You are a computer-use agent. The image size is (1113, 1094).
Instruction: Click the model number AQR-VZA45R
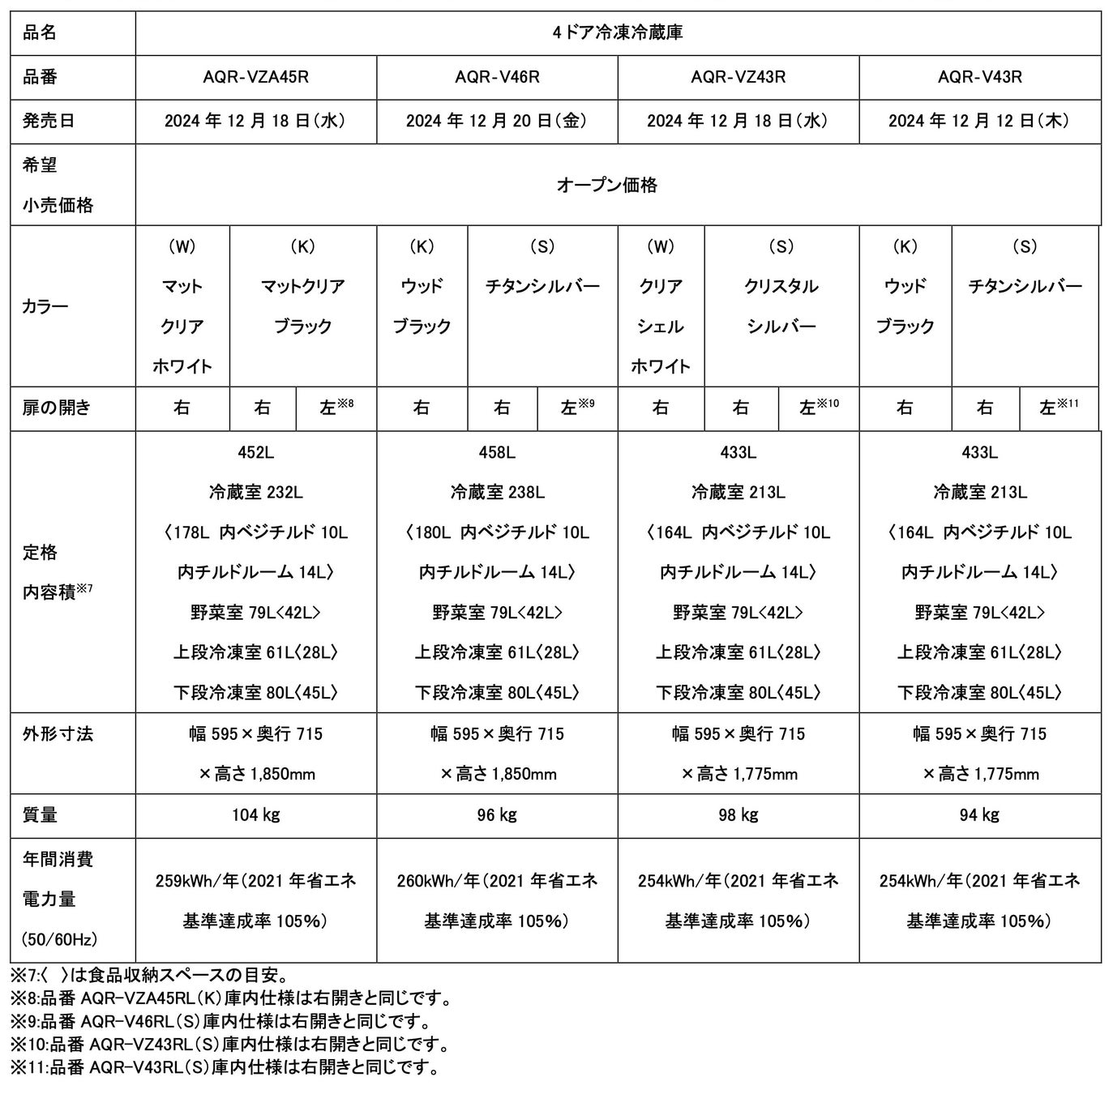point(255,77)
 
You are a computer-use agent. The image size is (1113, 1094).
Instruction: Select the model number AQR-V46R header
point(497,77)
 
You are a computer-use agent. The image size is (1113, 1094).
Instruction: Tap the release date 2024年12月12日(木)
point(978,121)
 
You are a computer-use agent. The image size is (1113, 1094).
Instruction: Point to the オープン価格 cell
point(618,185)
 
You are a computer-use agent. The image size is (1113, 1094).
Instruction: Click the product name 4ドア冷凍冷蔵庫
point(618,32)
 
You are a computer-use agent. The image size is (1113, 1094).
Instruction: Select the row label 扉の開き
point(57,408)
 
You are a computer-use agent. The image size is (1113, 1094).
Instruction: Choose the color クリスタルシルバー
point(781,306)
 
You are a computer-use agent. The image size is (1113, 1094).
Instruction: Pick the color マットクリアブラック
point(302,306)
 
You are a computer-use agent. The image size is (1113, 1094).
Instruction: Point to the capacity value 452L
point(255,452)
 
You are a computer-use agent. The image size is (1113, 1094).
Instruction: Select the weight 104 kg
point(255,814)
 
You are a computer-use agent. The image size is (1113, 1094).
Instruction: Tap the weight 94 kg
point(978,814)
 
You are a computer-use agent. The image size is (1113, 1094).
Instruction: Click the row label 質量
point(41,814)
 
